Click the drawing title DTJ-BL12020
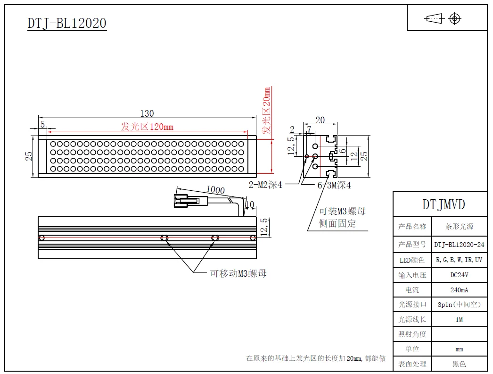point(67,23)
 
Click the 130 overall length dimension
point(147,113)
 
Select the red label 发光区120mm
point(147,127)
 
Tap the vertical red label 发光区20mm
point(267,111)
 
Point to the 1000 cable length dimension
point(215,190)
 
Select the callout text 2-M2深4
point(265,185)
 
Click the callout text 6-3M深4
point(334,185)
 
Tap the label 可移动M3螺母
point(238,273)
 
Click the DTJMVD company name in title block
point(443,204)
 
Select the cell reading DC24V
point(459,275)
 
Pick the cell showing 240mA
point(459,290)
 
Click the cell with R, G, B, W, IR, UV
point(459,260)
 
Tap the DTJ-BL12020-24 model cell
point(459,245)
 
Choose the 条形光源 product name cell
point(459,227)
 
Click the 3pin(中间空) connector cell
point(459,305)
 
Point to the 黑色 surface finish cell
point(459,364)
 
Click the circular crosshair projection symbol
point(455,18)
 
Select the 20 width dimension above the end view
point(320,120)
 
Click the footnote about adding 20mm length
point(316,358)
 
